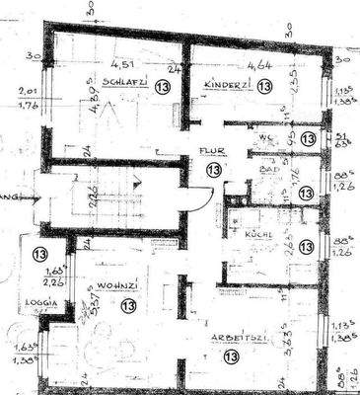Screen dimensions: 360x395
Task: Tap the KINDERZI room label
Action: click(224, 86)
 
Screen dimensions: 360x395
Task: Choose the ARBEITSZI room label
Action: click(231, 338)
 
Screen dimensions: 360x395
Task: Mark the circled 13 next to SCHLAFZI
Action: click(163, 85)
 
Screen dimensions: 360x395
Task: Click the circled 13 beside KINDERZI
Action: click(264, 86)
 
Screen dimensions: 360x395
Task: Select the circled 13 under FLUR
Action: click(213, 169)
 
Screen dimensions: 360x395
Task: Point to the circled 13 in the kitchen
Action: click(307, 245)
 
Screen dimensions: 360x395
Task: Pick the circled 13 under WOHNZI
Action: click(128, 306)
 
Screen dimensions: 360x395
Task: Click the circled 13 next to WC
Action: click(308, 139)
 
